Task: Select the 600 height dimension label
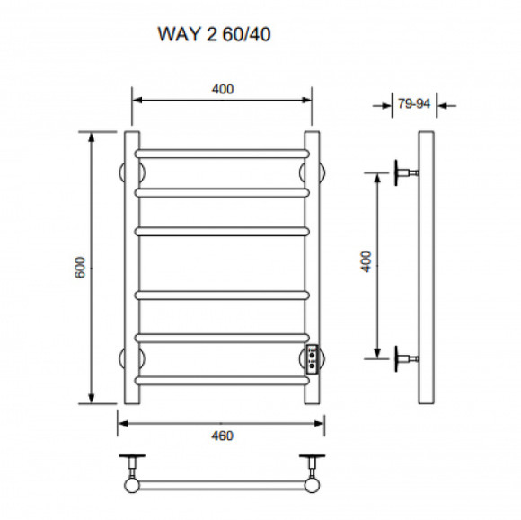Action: pos(79,268)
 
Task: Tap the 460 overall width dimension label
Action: pos(222,436)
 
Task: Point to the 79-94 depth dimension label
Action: pos(414,103)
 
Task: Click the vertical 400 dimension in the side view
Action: pos(366,262)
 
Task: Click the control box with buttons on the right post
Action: pos(310,359)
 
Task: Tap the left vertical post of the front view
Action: pos(132,268)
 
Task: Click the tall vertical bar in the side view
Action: pos(426,268)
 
